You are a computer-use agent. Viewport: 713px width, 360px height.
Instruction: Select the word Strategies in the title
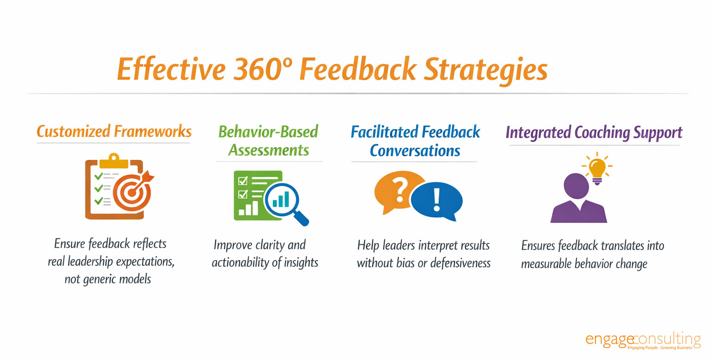[486, 71]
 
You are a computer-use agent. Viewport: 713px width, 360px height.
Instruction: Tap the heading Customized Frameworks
[114, 131]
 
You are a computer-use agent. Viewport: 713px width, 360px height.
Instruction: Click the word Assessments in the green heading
[269, 150]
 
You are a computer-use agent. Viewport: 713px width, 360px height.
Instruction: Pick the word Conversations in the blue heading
[415, 151]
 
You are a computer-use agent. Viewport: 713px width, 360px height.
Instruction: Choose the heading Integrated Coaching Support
[594, 132]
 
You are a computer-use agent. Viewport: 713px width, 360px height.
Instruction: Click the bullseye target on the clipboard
[132, 192]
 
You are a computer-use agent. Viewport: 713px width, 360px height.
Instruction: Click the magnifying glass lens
[281, 200]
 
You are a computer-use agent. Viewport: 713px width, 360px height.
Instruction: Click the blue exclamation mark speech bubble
[437, 201]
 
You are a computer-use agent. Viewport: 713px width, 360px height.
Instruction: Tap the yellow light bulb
[597, 169]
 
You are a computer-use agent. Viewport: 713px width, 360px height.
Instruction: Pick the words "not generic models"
[108, 279]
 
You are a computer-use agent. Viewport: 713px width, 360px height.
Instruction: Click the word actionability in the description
[240, 262]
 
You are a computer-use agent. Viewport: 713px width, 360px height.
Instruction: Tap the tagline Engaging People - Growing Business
[660, 347]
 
